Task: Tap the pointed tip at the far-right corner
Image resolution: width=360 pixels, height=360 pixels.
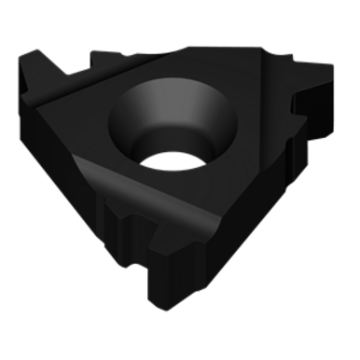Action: pos(331,68)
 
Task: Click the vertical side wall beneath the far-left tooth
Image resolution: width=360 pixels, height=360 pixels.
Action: pos(37,112)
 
